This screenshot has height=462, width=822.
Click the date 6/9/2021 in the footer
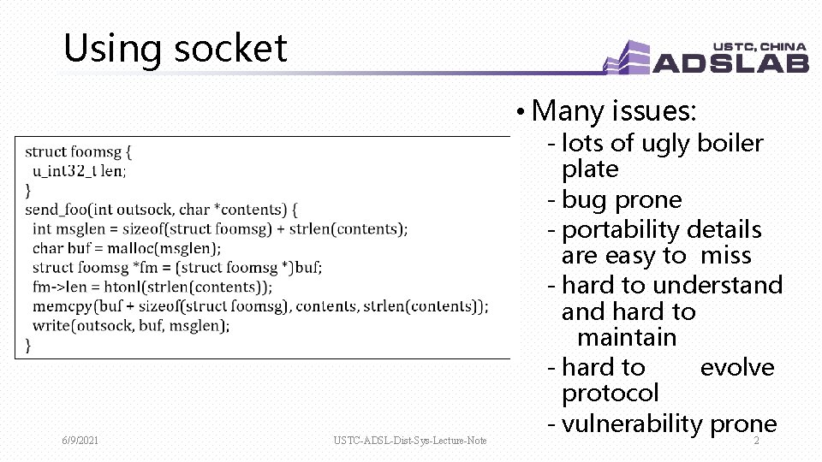pyautogui.click(x=80, y=441)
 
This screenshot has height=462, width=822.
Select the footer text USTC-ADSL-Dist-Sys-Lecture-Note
pyautogui.click(x=410, y=441)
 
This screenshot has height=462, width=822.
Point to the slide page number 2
pyautogui.click(x=756, y=441)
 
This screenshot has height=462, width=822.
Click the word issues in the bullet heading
pyautogui.click(x=656, y=110)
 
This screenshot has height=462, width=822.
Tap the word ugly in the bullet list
pyautogui.click(x=667, y=143)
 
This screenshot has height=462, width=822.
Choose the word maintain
pyautogui.click(x=627, y=337)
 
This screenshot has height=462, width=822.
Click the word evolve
pyautogui.click(x=736, y=367)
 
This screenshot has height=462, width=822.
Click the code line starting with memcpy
pyautogui.click(x=260, y=306)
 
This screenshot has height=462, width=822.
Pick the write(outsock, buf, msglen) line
pyautogui.click(x=131, y=325)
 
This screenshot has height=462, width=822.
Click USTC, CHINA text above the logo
pyautogui.click(x=759, y=47)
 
